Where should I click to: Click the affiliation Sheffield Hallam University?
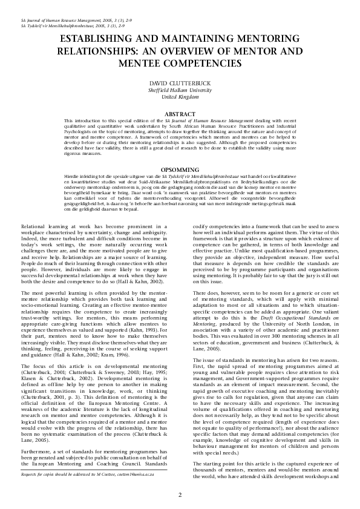(180, 89)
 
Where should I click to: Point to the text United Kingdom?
(180, 96)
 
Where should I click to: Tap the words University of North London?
(284, 331)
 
